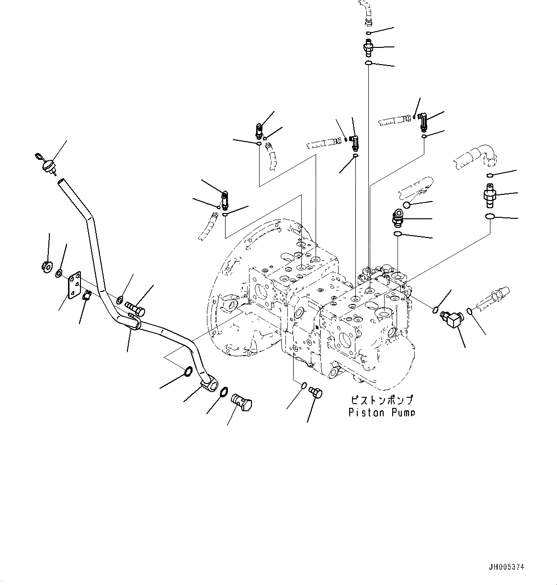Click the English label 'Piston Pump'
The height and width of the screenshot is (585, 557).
(381, 412)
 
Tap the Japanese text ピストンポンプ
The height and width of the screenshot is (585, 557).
(381, 400)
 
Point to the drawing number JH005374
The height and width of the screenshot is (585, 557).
(506, 567)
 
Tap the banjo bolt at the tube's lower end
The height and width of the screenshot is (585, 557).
(241, 400)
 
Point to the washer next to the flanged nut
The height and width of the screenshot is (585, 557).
(58, 273)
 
